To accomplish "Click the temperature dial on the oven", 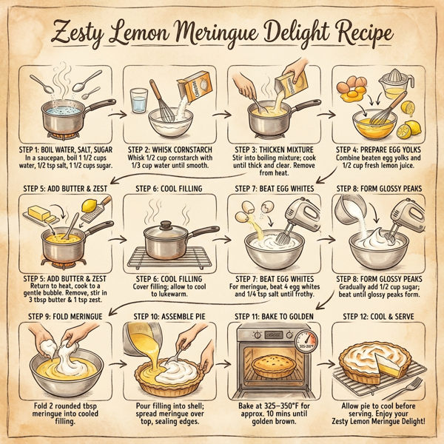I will (x=306, y=340).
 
